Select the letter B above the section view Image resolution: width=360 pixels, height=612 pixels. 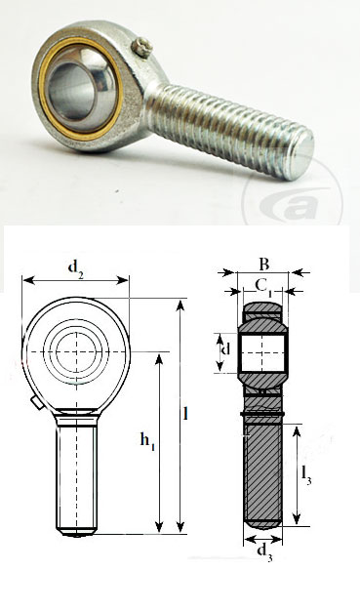tap(263, 262)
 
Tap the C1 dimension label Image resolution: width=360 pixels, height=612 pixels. tap(263, 285)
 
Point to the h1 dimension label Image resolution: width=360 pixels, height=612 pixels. tap(147, 442)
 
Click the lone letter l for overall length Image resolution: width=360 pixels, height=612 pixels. tap(185, 413)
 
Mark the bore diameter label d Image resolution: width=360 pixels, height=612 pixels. tap(226, 349)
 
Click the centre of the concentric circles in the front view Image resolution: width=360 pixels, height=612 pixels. tap(75, 350)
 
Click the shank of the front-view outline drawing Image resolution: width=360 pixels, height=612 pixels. tap(75, 473)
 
